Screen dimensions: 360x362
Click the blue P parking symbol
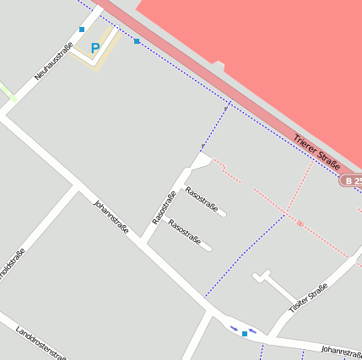click(95, 49)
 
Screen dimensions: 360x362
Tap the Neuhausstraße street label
click(54, 62)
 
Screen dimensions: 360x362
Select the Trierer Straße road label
click(316, 150)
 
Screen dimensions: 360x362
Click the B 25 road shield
click(353, 180)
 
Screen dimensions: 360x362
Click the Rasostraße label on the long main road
click(164, 208)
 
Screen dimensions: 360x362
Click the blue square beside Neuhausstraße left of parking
click(82, 30)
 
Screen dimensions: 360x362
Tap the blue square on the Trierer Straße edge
click(137, 40)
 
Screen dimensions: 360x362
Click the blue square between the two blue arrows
click(245, 334)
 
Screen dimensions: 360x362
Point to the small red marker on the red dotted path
click(300, 223)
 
